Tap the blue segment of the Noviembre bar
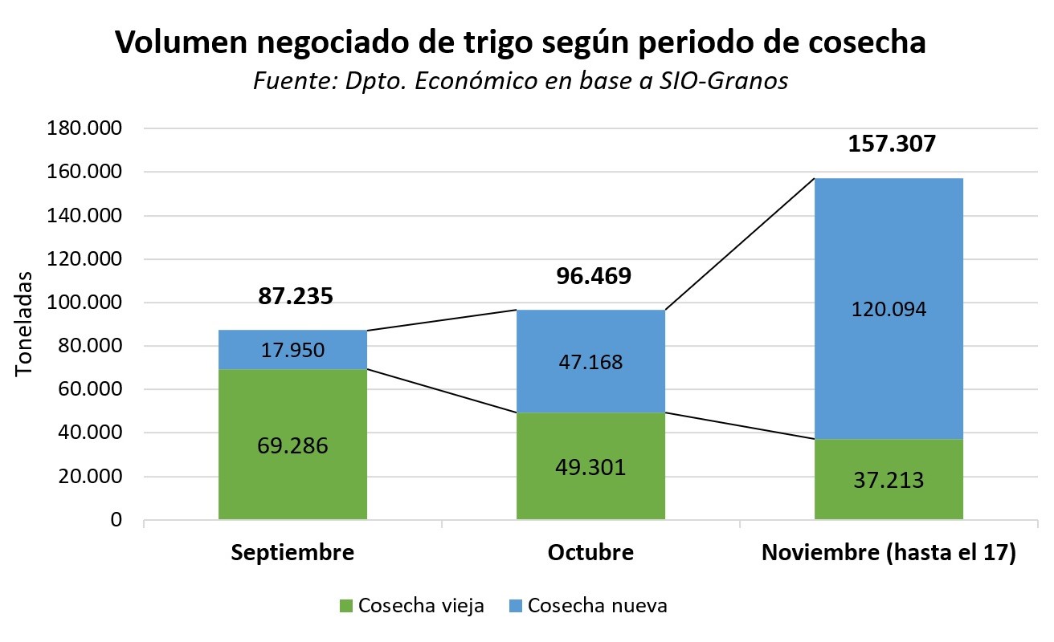click(x=889, y=241)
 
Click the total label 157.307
click(x=892, y=144)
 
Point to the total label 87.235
click(x=295, y=296)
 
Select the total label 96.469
click(x=594, y=277)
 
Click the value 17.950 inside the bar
click(x=292, y=350)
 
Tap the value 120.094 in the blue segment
click(x=889, y=309)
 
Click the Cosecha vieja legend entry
click(x=411, y=606)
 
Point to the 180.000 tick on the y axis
click(x=85, y=129)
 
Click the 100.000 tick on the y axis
click(x=85, y=303)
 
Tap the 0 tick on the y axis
click(x=116, y=520)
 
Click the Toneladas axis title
click(x=25, y=324)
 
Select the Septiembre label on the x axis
click(x=292, y=554)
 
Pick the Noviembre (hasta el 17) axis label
click(x=889, y=554)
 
